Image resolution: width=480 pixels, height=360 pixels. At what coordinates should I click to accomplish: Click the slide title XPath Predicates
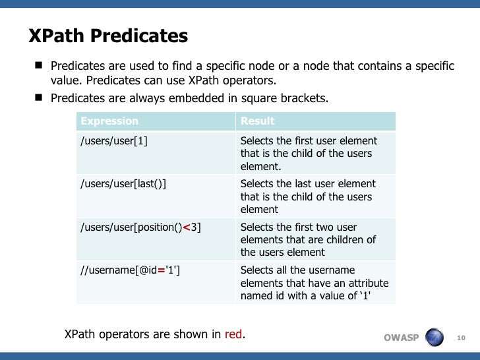click(108, 36)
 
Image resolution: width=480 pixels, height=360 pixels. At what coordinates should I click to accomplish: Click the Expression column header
click(109, 121)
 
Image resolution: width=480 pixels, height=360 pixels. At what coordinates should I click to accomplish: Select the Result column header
click(258, 121)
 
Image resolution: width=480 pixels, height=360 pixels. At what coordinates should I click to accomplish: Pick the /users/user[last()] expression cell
click(123, 184)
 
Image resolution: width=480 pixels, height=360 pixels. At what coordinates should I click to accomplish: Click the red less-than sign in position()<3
click(187, 227)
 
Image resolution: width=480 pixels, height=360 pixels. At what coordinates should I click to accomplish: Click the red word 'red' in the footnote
click(233, 334)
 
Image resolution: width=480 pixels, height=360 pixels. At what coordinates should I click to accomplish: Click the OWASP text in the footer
click(401, 338)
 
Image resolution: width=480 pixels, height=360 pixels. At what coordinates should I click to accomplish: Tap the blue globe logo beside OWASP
click(435, 338)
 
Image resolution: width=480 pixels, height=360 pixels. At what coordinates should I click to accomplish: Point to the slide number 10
click(461, 338)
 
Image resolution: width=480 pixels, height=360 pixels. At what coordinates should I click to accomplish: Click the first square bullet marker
click(39, 66)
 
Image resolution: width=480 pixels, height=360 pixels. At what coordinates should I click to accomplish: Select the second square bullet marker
click(39, 98)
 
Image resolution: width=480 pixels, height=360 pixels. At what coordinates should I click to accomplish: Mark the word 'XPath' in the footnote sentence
click(80, 334)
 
